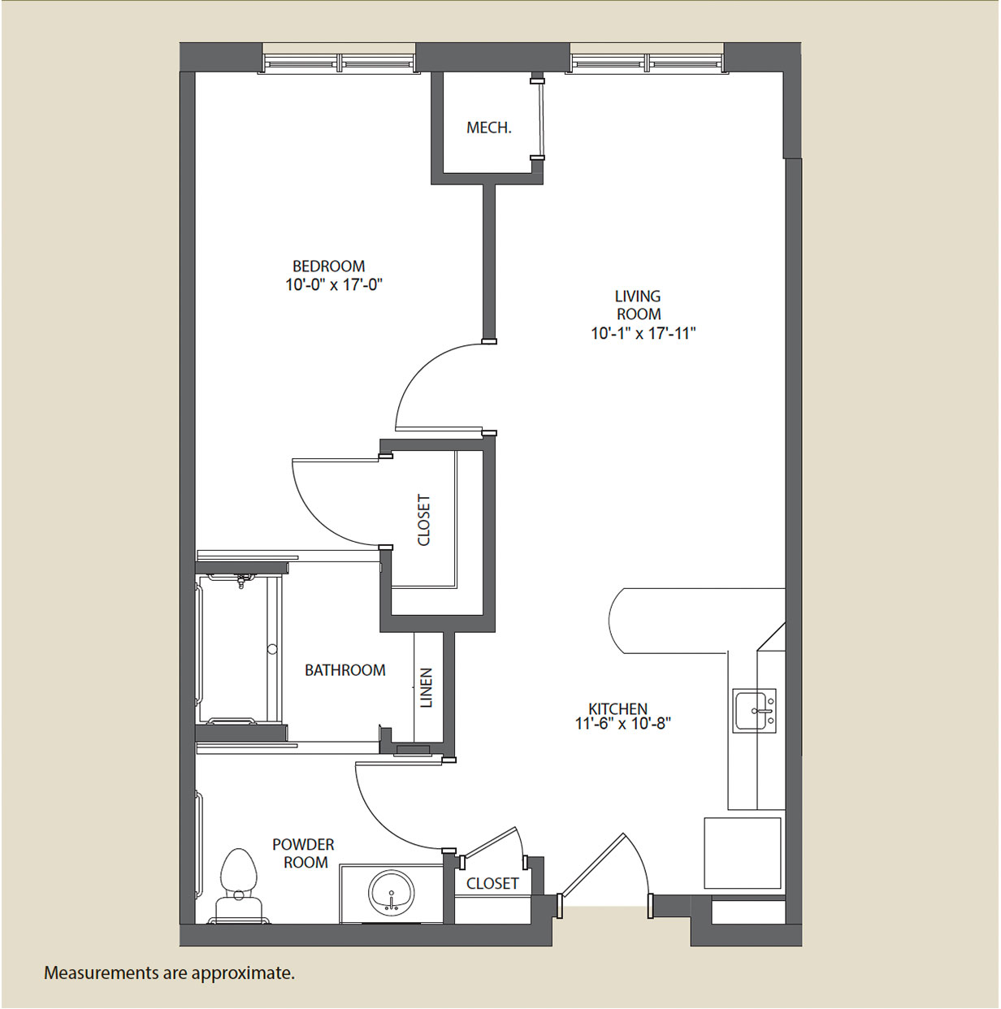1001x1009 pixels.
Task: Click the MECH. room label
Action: tap(488, 128)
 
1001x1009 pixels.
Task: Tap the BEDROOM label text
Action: tap(328, 266)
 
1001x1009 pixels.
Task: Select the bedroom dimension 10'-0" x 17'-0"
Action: tap(334, 285)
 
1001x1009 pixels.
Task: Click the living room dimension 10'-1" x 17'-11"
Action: tap(643, 333)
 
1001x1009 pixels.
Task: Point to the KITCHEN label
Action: tap(618, 709)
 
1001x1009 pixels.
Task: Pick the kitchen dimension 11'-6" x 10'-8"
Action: tap(623, 724)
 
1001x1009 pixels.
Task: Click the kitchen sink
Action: tap(754, 711)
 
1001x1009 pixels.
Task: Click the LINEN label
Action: tap(427, 687)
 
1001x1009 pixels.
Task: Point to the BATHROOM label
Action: tap(344, 669)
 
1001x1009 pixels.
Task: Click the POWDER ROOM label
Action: tap(303, 853)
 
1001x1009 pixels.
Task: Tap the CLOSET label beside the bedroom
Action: tap(423, 520)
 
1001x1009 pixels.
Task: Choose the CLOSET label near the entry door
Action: tap(492, 883)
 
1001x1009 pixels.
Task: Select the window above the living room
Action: tap(648, 63)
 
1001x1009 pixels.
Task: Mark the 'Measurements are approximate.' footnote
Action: tap(169, 972)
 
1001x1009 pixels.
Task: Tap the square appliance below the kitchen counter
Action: tap(743, 852)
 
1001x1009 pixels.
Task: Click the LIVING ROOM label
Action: tap(638, 305)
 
